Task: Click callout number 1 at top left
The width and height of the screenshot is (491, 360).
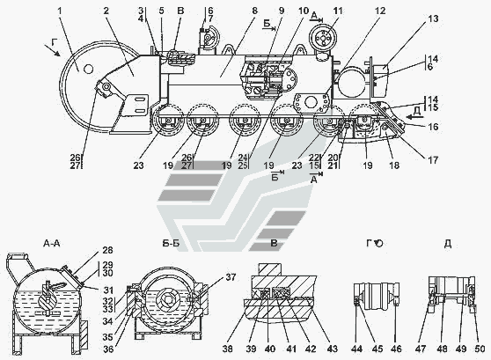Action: [60, 11]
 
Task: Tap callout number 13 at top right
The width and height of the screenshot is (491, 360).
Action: [433, 18]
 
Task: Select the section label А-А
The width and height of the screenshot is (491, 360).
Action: [52, 243]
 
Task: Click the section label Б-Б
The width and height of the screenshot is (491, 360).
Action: [171, 243]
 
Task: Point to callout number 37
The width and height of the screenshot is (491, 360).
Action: [231, 277]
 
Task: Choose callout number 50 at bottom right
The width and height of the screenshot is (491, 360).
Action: [480, 349]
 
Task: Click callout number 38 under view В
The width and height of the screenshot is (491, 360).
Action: [228, 349]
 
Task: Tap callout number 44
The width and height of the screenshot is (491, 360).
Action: [356, 349]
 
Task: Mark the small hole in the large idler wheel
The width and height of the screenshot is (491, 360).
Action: [89, 69]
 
